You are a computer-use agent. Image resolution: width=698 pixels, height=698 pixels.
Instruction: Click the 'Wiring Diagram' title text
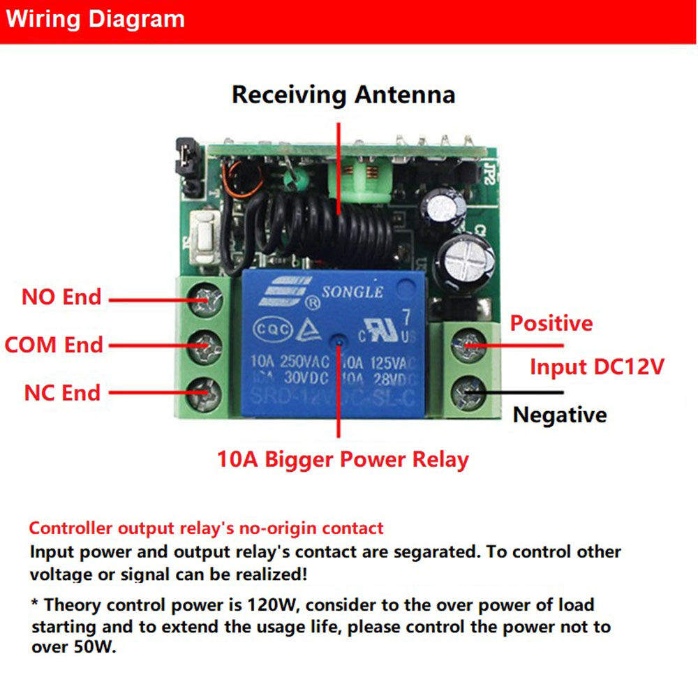coord(95,19)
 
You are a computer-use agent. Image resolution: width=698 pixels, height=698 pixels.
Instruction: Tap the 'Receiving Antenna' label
coord(343,94)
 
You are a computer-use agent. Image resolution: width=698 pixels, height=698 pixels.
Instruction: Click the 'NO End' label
coord(61,297)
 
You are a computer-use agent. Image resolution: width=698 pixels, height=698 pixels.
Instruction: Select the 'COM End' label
coord(54,345)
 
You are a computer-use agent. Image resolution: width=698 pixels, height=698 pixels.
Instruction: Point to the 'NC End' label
coord(62,392)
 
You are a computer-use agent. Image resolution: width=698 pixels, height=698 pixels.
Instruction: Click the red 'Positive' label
coord(551,323)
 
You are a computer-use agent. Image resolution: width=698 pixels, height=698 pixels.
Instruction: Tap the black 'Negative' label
coord(560,415)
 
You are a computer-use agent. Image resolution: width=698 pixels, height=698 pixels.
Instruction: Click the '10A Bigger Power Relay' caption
coord(343,459)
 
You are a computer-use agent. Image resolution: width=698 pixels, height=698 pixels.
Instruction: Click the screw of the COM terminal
coord(207,344)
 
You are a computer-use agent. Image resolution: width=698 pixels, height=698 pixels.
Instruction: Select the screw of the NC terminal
coord(207,390)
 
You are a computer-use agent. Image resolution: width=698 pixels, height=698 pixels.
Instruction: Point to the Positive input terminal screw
coord(466,345)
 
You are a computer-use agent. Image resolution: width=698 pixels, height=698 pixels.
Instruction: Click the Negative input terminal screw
coord(466,392)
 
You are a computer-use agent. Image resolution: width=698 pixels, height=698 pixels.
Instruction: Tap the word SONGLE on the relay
coord(352,292)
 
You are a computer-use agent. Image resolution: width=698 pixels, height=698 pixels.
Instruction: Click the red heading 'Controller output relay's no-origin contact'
coord(206,528)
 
